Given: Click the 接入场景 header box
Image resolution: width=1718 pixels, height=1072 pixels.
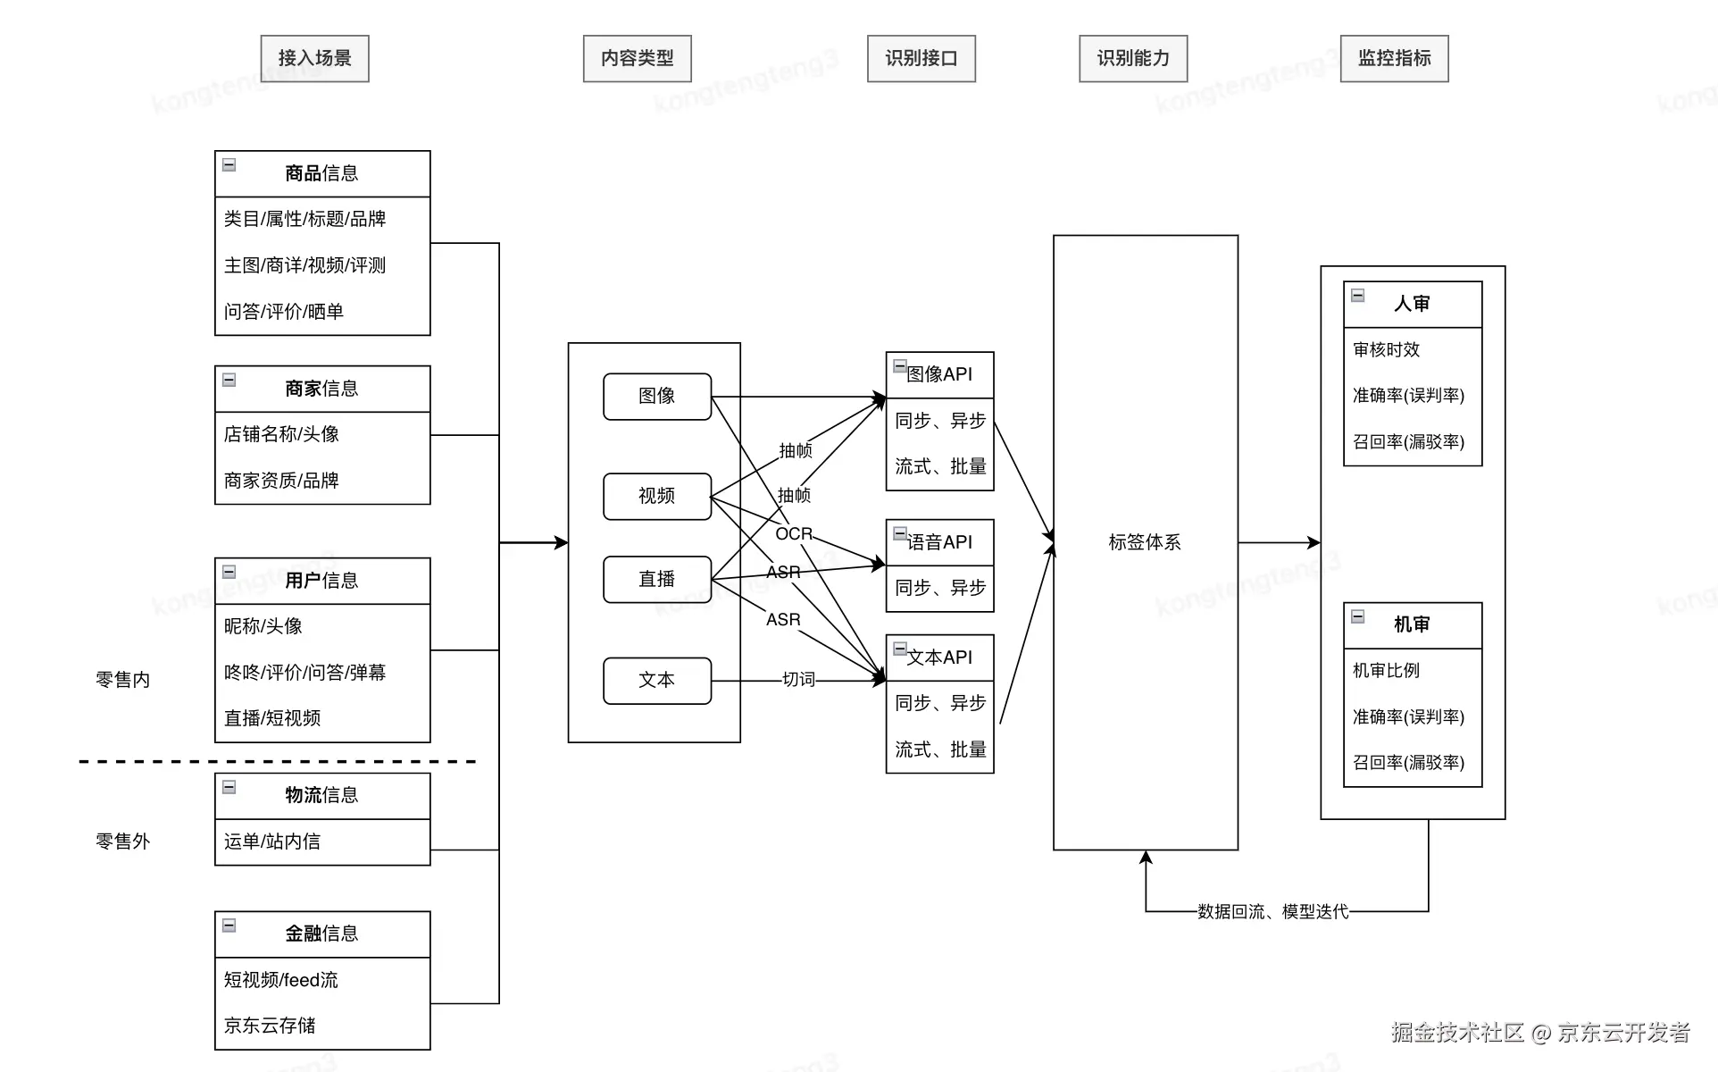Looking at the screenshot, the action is point(314,59).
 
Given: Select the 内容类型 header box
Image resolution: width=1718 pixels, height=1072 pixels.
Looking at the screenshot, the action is point(637,59).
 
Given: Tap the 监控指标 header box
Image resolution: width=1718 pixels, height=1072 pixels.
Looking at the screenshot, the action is point(1394,59).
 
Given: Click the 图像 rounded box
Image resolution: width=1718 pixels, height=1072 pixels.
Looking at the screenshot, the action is point(657,397).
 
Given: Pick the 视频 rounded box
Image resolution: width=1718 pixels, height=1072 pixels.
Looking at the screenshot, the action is point(657,497).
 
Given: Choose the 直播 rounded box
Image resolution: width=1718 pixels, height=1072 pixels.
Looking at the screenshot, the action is point(657,580).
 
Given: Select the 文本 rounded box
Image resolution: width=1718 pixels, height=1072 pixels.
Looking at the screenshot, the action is point(657,681).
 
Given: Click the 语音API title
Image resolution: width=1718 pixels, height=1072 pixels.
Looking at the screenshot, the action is point(939,542).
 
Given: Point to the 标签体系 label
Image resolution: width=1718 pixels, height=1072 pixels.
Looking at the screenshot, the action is point(1145,542).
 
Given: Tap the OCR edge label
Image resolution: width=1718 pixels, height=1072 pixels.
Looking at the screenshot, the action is point(794,534).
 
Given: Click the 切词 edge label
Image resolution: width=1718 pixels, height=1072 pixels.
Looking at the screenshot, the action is point(798,680).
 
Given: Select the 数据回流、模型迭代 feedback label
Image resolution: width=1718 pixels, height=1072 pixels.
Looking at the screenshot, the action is point(1272,911).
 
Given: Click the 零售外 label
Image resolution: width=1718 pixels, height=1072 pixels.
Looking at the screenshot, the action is point(123,842).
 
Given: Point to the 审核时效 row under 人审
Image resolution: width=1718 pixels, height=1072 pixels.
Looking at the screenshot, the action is point(1387,350).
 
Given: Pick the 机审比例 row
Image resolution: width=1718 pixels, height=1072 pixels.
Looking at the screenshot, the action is point(1387,671).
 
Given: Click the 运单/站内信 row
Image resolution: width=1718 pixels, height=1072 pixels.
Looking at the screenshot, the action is point(272,842).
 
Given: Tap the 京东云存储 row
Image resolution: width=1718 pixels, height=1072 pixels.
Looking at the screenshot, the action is point(270,1026).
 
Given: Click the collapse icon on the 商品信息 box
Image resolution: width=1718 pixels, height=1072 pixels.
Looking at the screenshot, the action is point(229,165).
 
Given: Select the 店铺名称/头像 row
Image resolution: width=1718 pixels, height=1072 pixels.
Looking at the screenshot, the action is point(281,434).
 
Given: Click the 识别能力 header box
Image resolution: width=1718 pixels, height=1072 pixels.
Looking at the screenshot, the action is point(1133,59).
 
